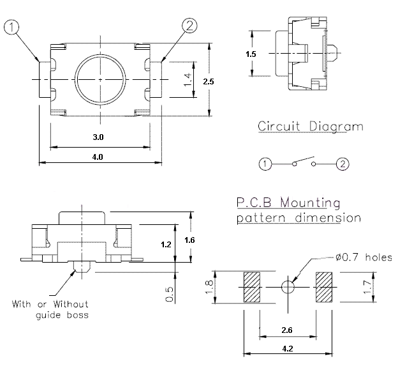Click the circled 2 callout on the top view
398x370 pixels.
click(189, 26)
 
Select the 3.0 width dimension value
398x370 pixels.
click(98, 137)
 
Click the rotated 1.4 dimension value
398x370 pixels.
click(187, 81)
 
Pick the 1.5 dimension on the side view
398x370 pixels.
click(251, 54)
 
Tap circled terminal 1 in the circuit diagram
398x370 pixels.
click(264, 164)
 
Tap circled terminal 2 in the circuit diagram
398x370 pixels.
click(343, 164)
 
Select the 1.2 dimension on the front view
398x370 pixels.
click(166, 243)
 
